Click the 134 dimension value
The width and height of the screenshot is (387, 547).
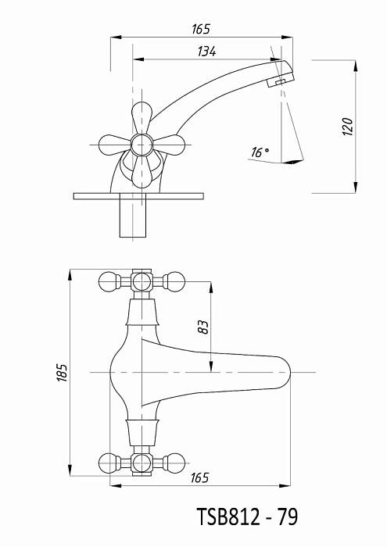(206, 52)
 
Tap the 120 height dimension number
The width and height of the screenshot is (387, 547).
(348, 127)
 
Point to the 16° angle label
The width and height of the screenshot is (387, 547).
(260, 152)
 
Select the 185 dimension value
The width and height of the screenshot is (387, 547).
(63, 373)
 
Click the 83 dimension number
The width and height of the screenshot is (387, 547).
(203, 327)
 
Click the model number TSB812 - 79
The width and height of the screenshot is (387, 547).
(247, 517)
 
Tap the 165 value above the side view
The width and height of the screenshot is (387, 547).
(201, 29)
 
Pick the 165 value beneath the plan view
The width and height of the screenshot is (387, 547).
(199, 477)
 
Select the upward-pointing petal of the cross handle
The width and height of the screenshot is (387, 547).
(142, 116)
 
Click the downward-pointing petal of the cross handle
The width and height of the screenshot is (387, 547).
(142, 171)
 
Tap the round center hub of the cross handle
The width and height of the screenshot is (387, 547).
(142, 145)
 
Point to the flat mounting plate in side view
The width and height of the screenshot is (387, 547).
(138, 196)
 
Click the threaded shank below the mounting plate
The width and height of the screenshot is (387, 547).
(133, 218)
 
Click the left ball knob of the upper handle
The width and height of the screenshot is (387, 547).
(109, 281)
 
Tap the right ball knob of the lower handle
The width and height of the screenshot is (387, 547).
(174, 463)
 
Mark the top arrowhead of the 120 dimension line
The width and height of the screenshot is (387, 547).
(356, 66)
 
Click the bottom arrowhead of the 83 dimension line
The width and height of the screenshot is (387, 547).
(211, 366)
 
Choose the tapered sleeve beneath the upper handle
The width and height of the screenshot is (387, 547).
(142, 313)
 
